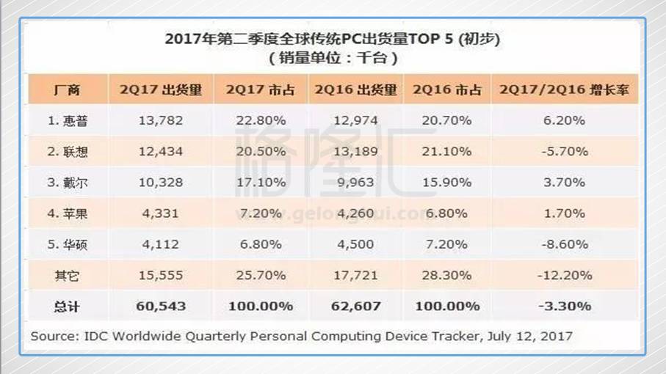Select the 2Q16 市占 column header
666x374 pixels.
[x=447, y=90]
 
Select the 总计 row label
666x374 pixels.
[x=67, y=306]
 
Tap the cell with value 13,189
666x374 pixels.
[x=355, y=151]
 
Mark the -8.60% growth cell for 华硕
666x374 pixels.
[x=564, y=244]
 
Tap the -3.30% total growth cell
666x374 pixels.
[x=564, y=306]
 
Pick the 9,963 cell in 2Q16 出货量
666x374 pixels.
[x=355, y=183]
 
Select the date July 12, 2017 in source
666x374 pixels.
[x=531, y=337]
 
